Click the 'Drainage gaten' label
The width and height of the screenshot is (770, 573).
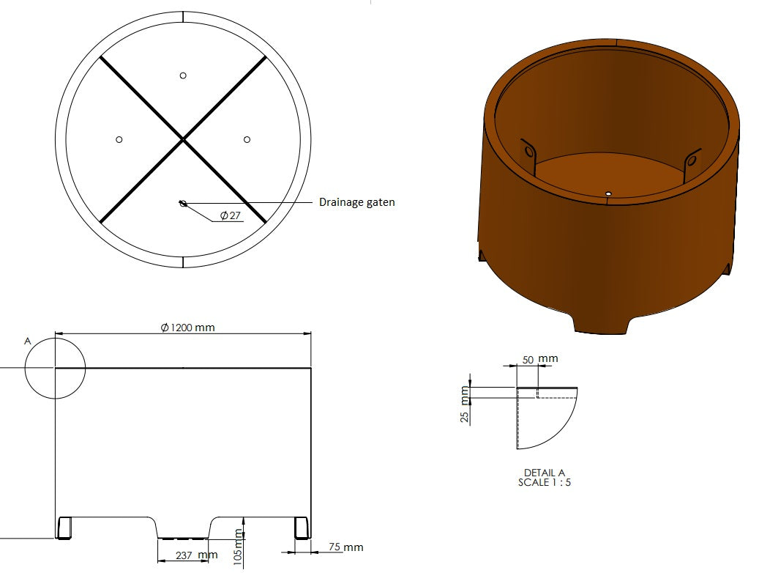(x=356, y=202)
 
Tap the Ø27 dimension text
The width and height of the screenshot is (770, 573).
(x=231, y=215)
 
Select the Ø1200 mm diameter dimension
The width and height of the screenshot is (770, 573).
(x=187, y=328)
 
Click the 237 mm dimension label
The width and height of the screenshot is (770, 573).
(x=196, y=555)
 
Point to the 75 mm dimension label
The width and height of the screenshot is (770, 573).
(x=346, y=547)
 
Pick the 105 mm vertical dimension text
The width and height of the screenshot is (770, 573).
(x=238, y=547)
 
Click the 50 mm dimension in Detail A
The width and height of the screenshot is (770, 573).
(x=539, y=359)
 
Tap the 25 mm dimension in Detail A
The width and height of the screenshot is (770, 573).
(x=465, y=404)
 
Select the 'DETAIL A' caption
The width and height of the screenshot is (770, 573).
(x=544, y=473)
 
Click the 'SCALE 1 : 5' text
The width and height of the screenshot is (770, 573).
(x=544, y=483)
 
